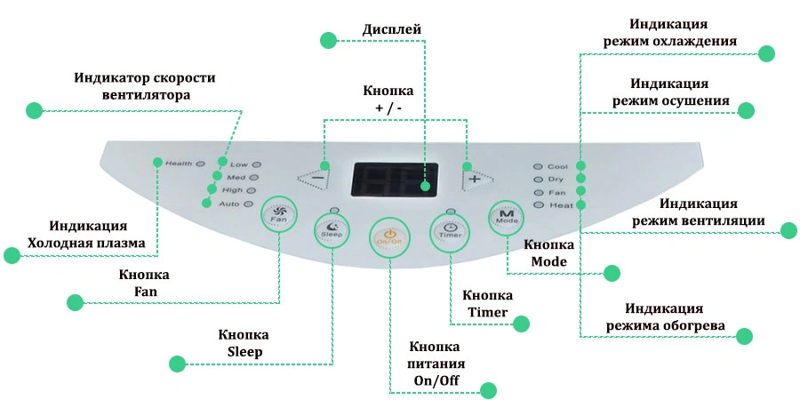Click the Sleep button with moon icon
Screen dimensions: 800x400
click(332, 229)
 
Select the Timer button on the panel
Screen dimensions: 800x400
click(450, 230)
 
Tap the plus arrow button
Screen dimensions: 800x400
click(477, 179)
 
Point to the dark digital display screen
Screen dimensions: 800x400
click(396, 180)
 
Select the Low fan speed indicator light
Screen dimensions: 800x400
click(256, 164)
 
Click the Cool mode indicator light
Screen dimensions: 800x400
click(537, 166)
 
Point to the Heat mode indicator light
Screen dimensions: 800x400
click(537, 205)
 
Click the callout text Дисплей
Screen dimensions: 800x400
click(392, 29)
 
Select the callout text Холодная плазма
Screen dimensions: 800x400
click(86, 243)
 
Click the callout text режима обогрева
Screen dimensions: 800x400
click(665, 325)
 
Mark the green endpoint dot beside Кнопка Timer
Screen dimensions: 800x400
click(521, 324)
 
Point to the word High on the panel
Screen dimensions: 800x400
click(233, 190)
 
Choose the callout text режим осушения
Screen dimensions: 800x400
click(670, 100)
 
